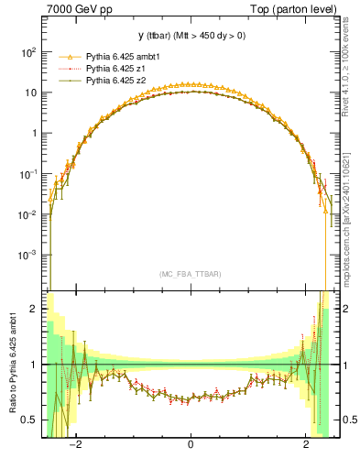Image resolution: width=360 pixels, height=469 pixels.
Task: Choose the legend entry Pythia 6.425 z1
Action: click(x=114, y=69)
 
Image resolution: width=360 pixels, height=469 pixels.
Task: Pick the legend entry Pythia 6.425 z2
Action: click(x=114, y=81)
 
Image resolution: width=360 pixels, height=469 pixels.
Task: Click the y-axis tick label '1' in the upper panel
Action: click(x=33, y=133)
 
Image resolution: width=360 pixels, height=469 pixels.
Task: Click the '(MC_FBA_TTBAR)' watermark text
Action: click(x=190, y=274)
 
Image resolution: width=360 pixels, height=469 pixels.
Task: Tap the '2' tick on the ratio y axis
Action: click(x=34, y=310)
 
